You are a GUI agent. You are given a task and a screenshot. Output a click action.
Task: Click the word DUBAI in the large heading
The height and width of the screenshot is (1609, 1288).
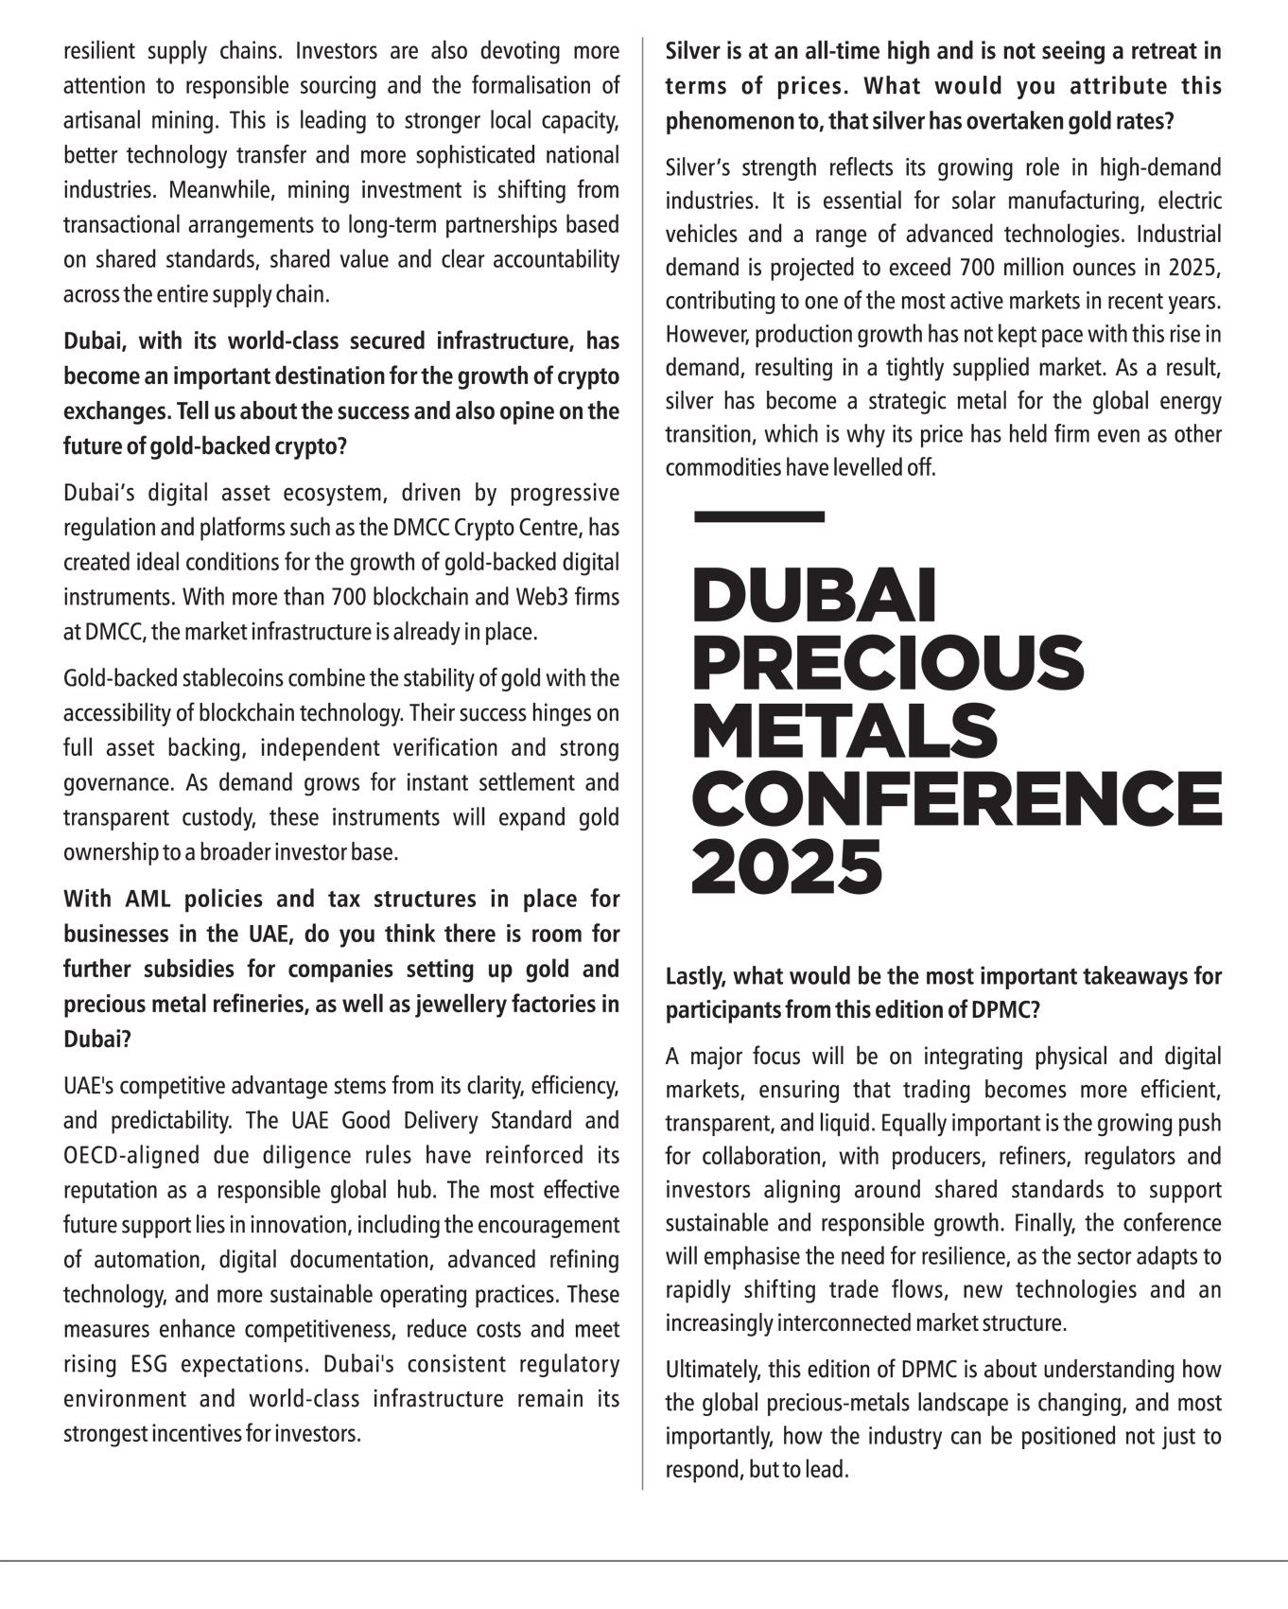point(813,596)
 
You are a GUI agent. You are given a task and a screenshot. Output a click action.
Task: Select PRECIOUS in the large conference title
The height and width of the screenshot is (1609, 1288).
point(887,663)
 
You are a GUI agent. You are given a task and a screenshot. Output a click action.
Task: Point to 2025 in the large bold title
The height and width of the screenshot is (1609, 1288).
point(787,866)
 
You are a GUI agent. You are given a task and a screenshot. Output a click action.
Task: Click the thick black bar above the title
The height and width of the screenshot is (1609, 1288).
point(758,516)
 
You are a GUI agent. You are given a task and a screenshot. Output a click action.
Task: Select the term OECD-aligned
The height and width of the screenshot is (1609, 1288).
point(131,1156)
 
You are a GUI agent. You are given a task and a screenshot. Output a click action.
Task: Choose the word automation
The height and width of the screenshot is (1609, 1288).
point(148,1260)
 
